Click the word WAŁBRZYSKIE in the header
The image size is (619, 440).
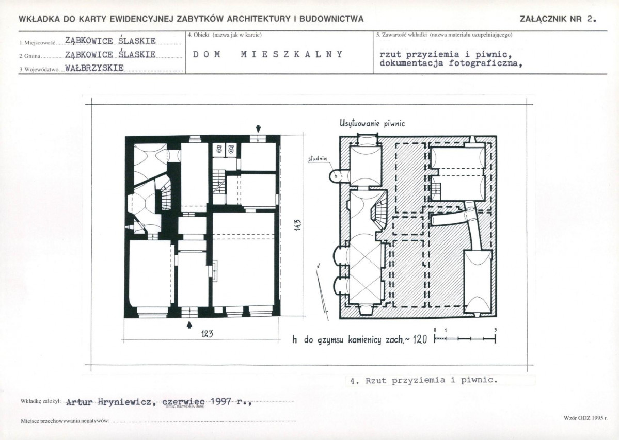[x=94, y=68]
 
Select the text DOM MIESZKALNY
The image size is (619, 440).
[x=267, y=54]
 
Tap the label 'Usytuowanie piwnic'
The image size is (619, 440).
[x=372, y=123]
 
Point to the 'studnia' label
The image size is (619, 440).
[x=318, y=159]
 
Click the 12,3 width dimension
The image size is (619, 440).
[x=207, y=334]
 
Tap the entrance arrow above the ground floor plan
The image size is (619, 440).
[x=258, y=128]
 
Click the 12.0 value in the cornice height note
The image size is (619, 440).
[x=420, y=339]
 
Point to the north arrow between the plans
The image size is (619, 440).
[x=322, y=288]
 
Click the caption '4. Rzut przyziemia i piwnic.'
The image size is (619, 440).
[x=422, y=381]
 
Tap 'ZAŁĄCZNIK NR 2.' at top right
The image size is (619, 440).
[x=558, y=19]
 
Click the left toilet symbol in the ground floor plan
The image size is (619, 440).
[x=219, y=149]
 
